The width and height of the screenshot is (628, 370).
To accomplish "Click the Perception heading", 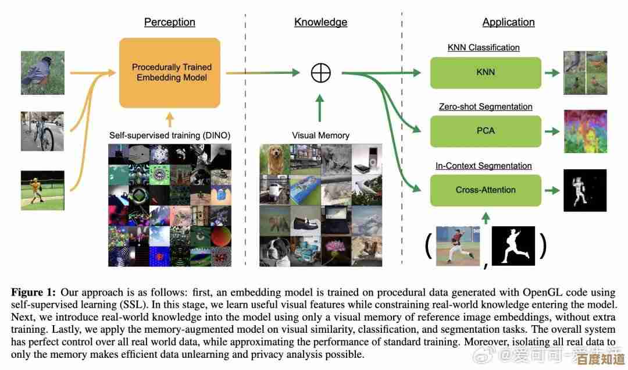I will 170,23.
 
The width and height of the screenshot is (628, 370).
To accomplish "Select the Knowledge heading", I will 320,23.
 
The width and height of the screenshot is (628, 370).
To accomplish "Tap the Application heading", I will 508,23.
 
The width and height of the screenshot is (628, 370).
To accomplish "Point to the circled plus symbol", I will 321,73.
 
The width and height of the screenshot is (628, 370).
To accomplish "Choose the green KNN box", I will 486,73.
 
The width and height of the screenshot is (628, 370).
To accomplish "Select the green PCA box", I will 486,131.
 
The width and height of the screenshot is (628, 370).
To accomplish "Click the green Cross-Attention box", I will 486,190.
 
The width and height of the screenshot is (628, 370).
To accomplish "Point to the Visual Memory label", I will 320,136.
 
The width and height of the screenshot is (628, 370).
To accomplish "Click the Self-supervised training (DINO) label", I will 170,136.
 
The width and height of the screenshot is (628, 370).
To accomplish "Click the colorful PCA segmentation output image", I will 585,131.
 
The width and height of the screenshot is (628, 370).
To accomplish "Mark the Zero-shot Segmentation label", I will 485,107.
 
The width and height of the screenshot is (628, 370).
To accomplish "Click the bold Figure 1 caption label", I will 33,291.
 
